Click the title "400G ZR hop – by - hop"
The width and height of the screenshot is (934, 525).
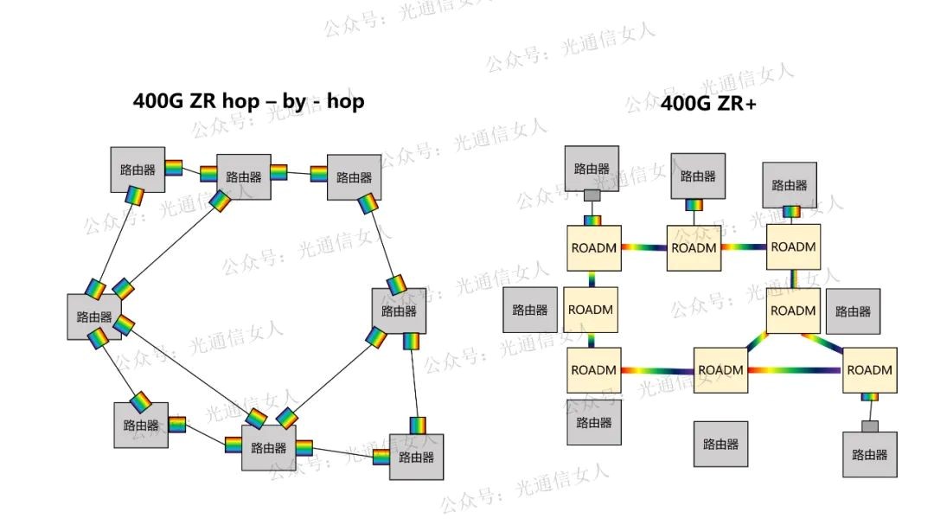248,101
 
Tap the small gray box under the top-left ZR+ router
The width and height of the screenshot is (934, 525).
592,195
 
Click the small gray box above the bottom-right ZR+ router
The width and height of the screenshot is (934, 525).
869,426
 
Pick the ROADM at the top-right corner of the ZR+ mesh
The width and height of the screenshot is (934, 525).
793,246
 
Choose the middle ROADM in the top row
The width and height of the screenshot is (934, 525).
694,247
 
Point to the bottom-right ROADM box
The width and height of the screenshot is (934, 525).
869,370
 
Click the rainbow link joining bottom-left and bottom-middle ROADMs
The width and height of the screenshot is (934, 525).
657,371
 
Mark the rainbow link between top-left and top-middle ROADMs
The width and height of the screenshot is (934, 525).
643,247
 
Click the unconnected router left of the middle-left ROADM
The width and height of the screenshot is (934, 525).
530,310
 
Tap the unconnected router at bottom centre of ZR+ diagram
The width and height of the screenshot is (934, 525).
720,445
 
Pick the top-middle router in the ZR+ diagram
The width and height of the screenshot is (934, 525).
698,176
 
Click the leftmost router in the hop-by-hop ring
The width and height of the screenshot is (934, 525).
94,317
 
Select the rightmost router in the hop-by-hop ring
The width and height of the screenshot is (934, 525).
399,311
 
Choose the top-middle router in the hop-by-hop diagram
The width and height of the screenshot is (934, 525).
243,176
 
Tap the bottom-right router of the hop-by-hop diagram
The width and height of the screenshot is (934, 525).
416,458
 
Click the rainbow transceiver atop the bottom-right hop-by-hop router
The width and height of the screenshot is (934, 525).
419,426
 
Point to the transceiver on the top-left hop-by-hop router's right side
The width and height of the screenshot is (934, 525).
174,168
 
